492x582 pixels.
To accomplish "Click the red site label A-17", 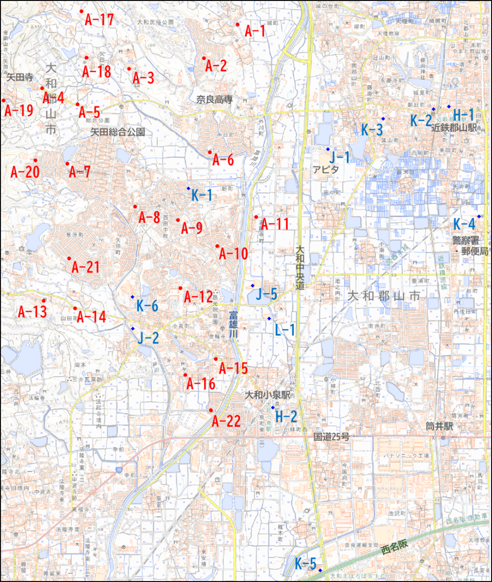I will tap(99, 20).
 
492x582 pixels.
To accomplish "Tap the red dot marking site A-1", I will tap(238, 24).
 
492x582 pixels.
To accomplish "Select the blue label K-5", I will tap(306, 564).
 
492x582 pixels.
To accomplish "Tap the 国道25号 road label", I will tap(332, 436).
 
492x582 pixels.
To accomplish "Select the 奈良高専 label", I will tap(214, 99).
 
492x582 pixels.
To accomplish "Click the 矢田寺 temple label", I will tap(20, 77).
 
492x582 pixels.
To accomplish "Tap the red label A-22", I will tap(226, 421).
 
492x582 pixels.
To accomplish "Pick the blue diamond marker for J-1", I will tap(328, 149).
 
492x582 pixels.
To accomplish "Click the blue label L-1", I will tap(285, 330).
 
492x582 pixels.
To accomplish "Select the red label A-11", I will tap(275, 225).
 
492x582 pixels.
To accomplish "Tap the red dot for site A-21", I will tap(69, 258).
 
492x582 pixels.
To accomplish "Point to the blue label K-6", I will tap(147, 306).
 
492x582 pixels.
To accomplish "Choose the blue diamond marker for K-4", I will tap(478, 216).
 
